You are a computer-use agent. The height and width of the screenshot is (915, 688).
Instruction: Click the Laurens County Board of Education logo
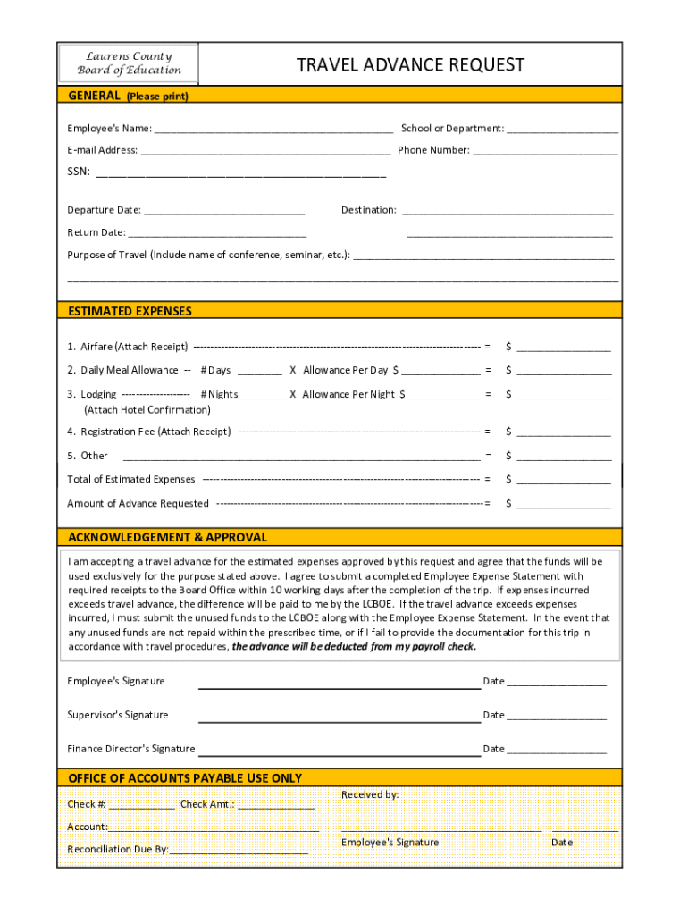(x=129, y=63)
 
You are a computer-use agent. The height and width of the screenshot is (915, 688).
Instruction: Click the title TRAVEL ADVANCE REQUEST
(x=410, y=65)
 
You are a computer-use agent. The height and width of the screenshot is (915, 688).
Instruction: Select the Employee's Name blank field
(x=273, y=129)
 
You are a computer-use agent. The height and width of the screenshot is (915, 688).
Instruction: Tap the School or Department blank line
(x=562, y=129)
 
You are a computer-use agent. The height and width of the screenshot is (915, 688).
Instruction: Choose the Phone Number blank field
(x=544, y=151)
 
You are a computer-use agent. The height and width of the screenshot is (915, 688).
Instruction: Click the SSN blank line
(x=240, y=172)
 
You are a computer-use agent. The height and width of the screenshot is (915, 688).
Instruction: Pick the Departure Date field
(x=224, y=211)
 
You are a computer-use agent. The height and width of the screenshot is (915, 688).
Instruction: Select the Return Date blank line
(x=216, y=233)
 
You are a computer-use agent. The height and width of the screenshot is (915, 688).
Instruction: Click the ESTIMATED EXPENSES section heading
(x=130, y=311)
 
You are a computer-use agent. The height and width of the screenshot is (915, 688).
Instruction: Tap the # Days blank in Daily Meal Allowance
(x=260, y=371)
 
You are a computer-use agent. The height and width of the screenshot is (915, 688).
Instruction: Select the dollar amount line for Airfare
(x=563, y=348)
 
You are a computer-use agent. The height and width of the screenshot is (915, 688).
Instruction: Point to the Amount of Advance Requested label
(x=138, y=504)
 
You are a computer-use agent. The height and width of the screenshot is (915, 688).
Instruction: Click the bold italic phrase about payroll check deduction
(x=354, y=647)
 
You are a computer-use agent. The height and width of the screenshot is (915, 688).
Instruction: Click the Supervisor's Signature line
(x=339, y=717)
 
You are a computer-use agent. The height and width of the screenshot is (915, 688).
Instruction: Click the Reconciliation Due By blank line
(x=239, y=850)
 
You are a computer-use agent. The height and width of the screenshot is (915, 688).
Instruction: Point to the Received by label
(x=370, y=794)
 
